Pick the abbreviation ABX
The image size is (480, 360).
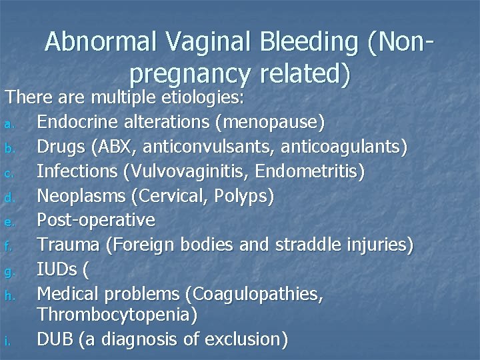(121, 147)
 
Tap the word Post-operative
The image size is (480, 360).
(96, 219)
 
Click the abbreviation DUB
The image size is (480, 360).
(55, 339)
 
